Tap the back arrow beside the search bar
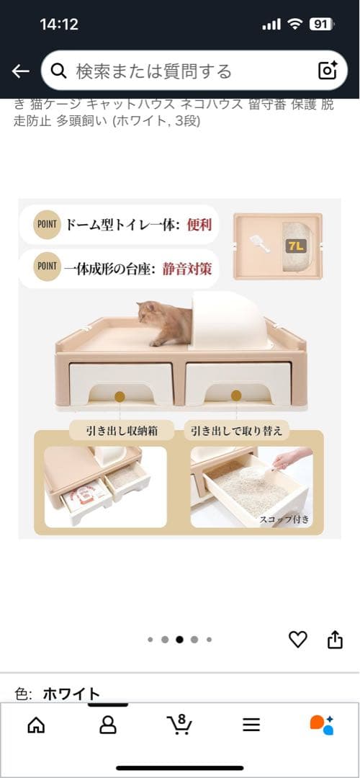pos(20,71)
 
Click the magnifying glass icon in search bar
pos(60,71)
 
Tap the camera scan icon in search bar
pos(328,70)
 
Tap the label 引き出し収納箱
pos(112,432)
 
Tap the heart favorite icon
pos(297,639)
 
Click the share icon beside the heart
pos(335,639)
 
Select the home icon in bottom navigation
pos(36,724)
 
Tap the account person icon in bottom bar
pos(108,724)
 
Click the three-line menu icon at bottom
pos(251,725)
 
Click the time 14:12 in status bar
pos(59,24)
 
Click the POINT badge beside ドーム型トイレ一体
pos(46,224)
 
